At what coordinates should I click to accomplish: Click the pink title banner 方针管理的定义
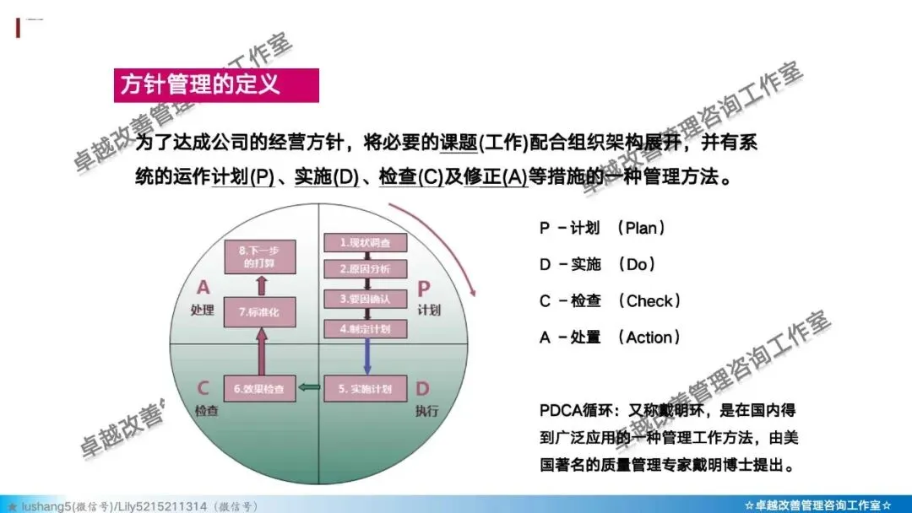click(x=216, y=85)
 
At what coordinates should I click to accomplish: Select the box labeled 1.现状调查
click(x=365, y=243)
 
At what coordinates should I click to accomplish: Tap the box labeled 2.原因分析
click(x=365, y=270)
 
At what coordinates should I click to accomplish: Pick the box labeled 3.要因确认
click(x=365, y=299)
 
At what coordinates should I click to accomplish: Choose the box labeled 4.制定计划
click(x=365, y=329)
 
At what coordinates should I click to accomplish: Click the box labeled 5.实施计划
click(x=365, y=389)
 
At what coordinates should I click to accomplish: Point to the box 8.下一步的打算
click(x=259, y=256)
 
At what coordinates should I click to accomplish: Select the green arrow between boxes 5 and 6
click(x=310, y=389)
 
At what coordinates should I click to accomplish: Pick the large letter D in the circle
click(x=422, y=388)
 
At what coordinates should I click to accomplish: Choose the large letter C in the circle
click(x=203, y=388)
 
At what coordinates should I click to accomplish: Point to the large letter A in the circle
click(x=203, y=287)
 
